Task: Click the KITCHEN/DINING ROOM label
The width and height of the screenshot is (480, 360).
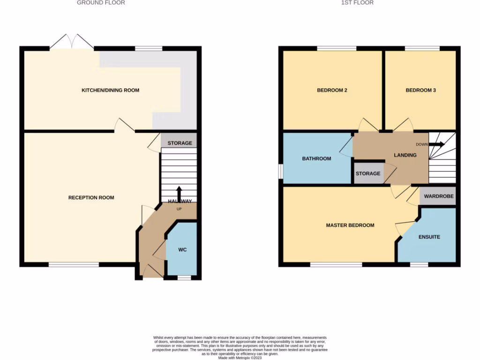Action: coord(110,90)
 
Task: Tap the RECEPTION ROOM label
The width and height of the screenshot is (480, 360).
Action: coord(91,197)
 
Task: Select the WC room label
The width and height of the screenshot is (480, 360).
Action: coord(182,250)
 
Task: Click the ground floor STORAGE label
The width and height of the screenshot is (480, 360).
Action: coord(180,143)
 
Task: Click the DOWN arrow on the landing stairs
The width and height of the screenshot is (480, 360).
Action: coord(436,144)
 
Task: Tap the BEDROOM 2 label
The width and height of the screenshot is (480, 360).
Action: coord(332,90)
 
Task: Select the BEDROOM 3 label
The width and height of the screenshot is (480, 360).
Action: coord(420,90)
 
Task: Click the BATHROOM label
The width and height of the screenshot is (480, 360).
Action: coord(316,158)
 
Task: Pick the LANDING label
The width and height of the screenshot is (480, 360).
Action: coord(405,155)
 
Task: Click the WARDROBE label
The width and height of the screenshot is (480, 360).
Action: coord(439,196)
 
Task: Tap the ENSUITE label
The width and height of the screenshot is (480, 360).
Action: coord(429,237)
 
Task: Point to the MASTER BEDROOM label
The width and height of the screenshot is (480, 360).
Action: coord(350,225)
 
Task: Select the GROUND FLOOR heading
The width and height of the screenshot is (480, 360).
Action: coord(101,3)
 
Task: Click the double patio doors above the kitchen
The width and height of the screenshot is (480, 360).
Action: coord(71,42)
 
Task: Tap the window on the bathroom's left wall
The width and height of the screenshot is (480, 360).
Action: coord(281,171)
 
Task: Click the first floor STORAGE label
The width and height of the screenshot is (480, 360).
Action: coord(368,173)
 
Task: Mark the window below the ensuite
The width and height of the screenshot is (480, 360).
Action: coord(419,265)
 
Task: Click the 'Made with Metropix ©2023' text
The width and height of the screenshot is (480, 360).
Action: coord(240,358)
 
